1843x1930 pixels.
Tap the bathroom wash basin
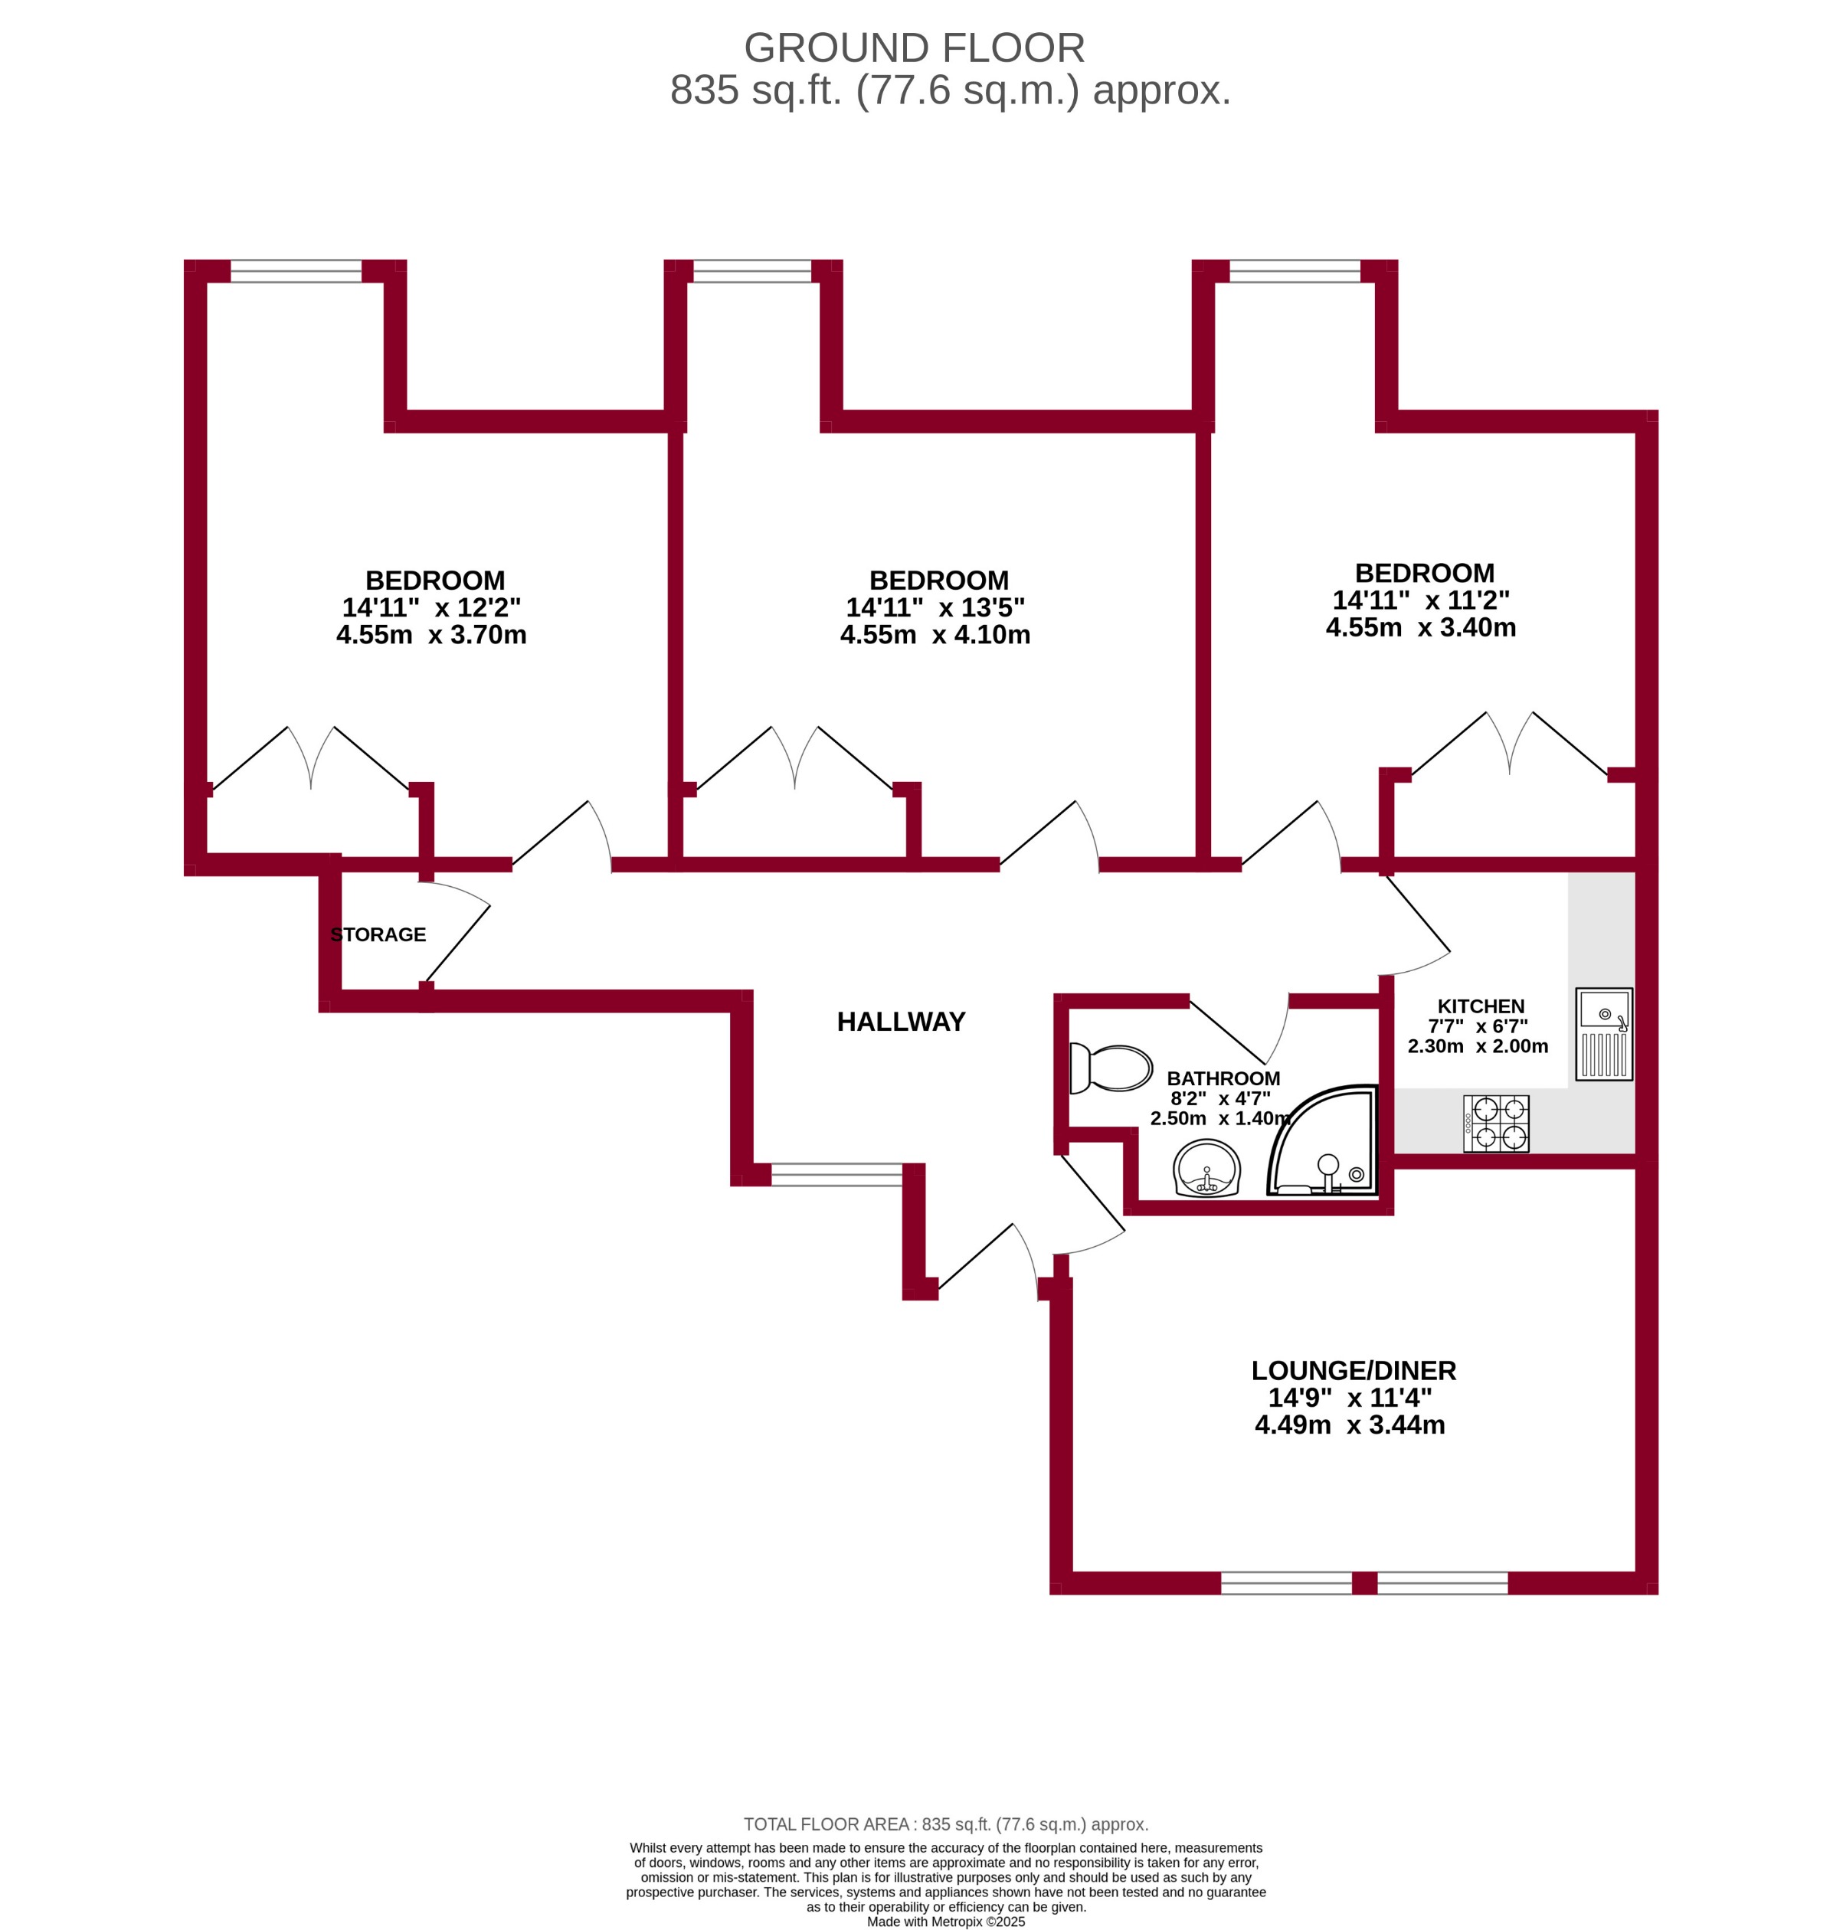click(x=1207, y=1169)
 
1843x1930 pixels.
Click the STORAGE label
click(x=378, y=935)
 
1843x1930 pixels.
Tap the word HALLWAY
click(x=901, y=1022)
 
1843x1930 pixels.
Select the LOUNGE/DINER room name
click(x=1353, y=1370)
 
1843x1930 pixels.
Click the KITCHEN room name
click(x=1481, y=1007)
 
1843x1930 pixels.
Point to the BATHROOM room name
click(x=1223, y=1078)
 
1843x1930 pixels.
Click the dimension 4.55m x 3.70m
click(x=431, y=636)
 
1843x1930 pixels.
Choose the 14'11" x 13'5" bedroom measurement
click(x=935, y=608)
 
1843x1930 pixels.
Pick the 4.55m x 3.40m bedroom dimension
click(x=1421, y=627)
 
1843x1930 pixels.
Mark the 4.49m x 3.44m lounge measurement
click(x=1350, y=1425)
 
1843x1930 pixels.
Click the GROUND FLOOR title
click(x=914, y=48)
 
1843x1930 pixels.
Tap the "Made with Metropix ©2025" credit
click(x=945, y=1922)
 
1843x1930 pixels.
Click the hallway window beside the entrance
click(x=836, y=1175)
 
